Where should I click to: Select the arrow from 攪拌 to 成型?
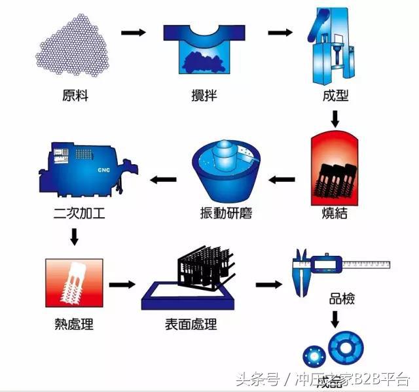click(x=280, y=32)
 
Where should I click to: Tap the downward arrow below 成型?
click(x=335, y=118)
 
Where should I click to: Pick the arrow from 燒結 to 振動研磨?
click(x=283, y=177)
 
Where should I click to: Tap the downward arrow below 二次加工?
click(x=74, y=236)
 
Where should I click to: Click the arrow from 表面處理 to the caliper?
click(x=268, y=285)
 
